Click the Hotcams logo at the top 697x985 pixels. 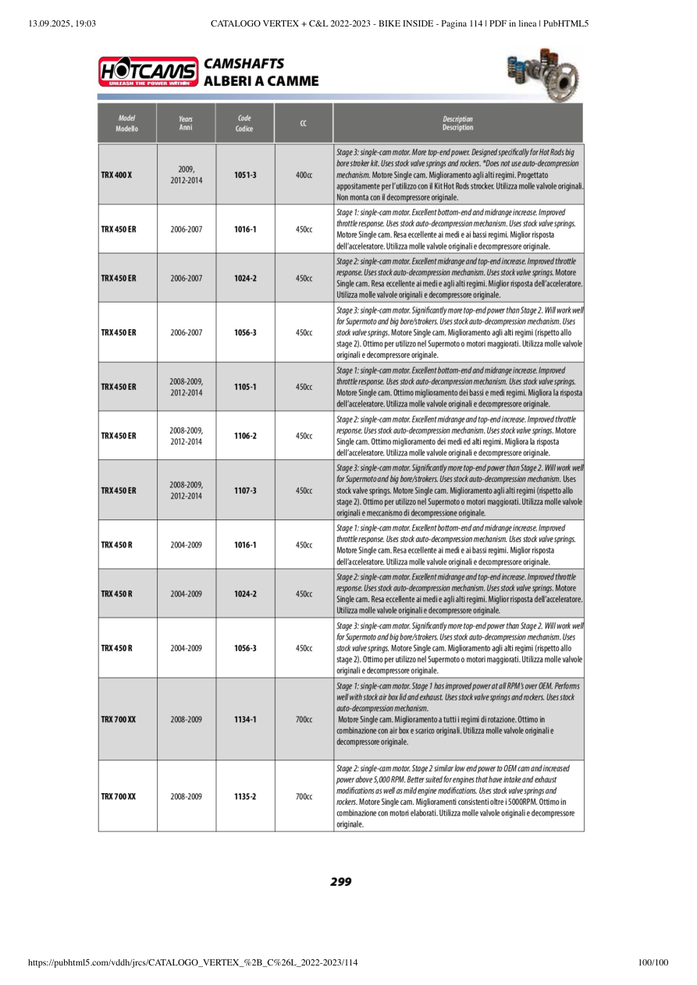[x=148, y=72]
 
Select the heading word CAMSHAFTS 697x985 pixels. [x=244, y=64]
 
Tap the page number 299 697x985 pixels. [x=341, y=882]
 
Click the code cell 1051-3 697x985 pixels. [x=245, y=175]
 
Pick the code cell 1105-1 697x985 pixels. [x=245, y=387]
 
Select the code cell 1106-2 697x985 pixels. [x=245, y=436]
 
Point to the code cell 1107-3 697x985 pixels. [x=245, y=491]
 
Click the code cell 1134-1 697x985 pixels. [x=245, y=719]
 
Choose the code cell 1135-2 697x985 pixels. [x=245, y=796]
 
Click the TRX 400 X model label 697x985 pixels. [x=116, y=175]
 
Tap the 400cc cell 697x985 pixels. [x=304, y=175]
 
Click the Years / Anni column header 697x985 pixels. [x=186, y=123]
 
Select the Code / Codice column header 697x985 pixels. [x=244, y=123]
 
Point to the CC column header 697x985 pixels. [x=303, y=123]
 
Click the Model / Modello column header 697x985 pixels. [x=126, y=123]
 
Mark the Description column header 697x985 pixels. [x=457, y=123]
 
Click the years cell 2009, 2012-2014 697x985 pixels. [x=186, y=175]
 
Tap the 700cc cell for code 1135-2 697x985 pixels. [x=304, y=796]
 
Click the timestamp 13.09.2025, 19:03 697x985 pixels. [x=62, y=23]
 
